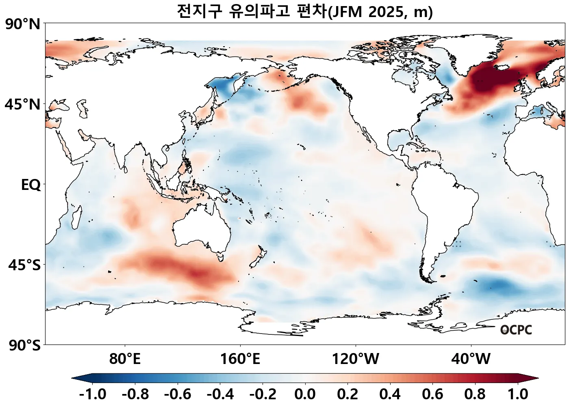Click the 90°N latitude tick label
tap(23, 24)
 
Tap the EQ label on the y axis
tap(31, 185)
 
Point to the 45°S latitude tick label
tap(24, 265)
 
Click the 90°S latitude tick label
tap(24, 346)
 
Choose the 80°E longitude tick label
tap(125, 359)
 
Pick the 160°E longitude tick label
tap(240, 359)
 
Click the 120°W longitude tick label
tap(356, 359)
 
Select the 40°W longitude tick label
tap(471, 359)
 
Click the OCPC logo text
tap(516, 330)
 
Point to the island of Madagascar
tap(76, 217)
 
